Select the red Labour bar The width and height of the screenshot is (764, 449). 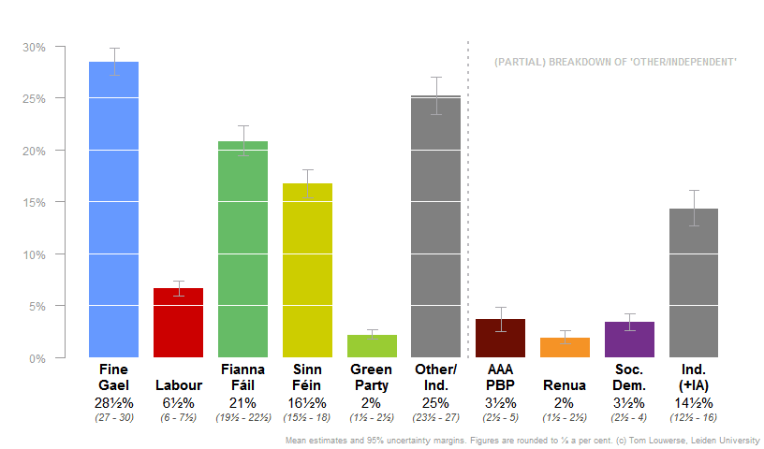coord(178,323)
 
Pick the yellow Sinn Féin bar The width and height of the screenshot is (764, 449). coord(307,271)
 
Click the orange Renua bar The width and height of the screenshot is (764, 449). coord(565,348)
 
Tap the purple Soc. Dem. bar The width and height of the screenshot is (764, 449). coord(629,340)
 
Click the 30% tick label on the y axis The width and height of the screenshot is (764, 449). coord(35,47)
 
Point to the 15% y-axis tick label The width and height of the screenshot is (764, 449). coord(35,202)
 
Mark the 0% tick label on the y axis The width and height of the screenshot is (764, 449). coord(37,358)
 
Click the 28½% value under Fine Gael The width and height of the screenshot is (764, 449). coord(114,402)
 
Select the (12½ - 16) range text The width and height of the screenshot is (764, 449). coord(694,417)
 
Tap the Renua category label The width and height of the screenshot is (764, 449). coord(565,385)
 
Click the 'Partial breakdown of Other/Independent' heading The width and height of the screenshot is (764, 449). coord(615,62)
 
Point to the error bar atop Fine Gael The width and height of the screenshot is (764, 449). coord(113,62)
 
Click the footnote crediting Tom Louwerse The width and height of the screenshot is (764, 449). coord(521,440)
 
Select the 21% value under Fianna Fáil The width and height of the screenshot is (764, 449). coord(242,402)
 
